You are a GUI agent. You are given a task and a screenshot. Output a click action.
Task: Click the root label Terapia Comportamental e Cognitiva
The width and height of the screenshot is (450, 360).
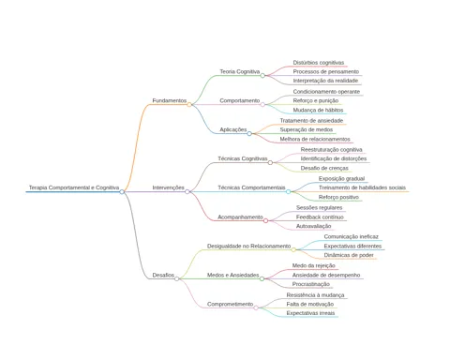[74, 187]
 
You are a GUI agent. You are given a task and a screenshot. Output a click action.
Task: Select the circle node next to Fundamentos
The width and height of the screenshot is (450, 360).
[189, 105]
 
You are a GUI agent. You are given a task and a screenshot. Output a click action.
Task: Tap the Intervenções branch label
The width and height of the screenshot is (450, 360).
[168, 187]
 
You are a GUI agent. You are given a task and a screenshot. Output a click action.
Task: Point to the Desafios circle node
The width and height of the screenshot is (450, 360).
[177, 278]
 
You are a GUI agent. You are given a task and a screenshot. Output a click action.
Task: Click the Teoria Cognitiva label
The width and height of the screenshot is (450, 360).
[240, 71]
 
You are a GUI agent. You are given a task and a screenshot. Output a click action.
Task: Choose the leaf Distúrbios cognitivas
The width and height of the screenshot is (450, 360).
[319, 63]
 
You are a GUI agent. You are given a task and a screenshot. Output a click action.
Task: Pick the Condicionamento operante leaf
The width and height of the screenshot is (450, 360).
[326, 92]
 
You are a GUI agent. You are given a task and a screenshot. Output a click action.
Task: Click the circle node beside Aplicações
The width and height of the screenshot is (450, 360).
[249, 134]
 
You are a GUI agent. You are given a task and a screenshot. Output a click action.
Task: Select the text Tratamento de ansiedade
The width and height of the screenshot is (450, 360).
[311, 121]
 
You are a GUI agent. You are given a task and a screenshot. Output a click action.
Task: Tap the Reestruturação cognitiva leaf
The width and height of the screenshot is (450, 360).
[332, 150]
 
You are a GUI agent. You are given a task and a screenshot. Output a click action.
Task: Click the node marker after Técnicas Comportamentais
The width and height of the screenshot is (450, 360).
[288, 191]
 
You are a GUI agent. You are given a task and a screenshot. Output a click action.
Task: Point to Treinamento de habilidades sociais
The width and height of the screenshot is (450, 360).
[362, 187]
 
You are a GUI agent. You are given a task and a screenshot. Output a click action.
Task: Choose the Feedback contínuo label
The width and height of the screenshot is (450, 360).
[320, 217]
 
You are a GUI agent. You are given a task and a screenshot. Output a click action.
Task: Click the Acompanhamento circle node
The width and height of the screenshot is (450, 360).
[265, 221]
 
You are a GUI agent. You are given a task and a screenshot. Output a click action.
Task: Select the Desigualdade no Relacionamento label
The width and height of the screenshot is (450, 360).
[249, 246]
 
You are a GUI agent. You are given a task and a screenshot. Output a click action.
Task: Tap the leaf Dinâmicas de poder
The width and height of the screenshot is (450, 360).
[349, 255]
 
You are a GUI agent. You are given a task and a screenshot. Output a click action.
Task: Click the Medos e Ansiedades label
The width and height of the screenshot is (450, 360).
[233, 275]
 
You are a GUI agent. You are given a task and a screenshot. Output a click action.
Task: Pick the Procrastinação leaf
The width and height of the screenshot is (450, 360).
[311, 284]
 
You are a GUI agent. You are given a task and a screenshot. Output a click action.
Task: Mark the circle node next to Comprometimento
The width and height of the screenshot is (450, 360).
[256, 307]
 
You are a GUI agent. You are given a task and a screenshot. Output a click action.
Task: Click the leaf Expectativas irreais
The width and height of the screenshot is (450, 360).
[310, 313]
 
